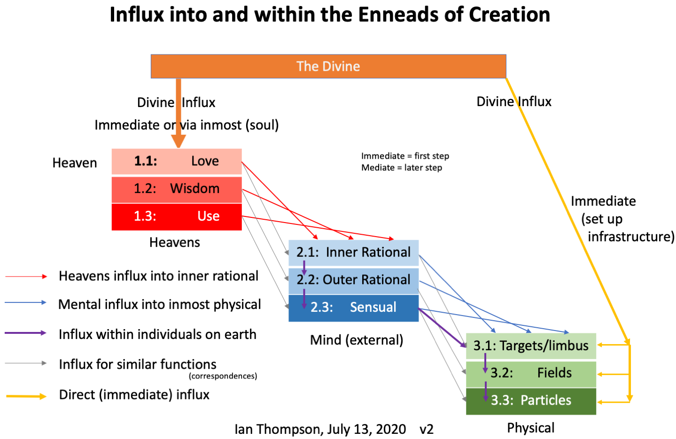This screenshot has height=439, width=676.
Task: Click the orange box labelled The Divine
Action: tap(328, 66)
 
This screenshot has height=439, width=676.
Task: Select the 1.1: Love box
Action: tap(177, 162)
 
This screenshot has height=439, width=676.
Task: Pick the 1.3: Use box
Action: tap(177, 217)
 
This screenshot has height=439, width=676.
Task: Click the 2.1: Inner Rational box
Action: tap(353, 253)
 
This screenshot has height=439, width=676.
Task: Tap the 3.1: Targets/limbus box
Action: tap(531, 346)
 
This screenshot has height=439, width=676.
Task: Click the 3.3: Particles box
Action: tap(531, 401)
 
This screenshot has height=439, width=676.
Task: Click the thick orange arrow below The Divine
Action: tap(179, 113)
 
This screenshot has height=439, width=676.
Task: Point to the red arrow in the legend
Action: tap(26, 277)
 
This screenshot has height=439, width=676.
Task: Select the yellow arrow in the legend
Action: tap(26, 396)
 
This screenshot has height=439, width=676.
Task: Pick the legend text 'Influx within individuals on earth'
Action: tap(157, 334)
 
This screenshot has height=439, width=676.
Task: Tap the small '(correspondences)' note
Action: tap(223, 376)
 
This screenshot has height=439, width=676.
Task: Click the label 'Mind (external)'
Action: tap(357, 340)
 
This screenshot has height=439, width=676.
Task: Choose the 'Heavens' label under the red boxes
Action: tap(175, 242)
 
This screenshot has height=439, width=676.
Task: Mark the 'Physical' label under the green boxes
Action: tap(531, 428)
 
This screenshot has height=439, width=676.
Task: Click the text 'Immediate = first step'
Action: tap(405, 156)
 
